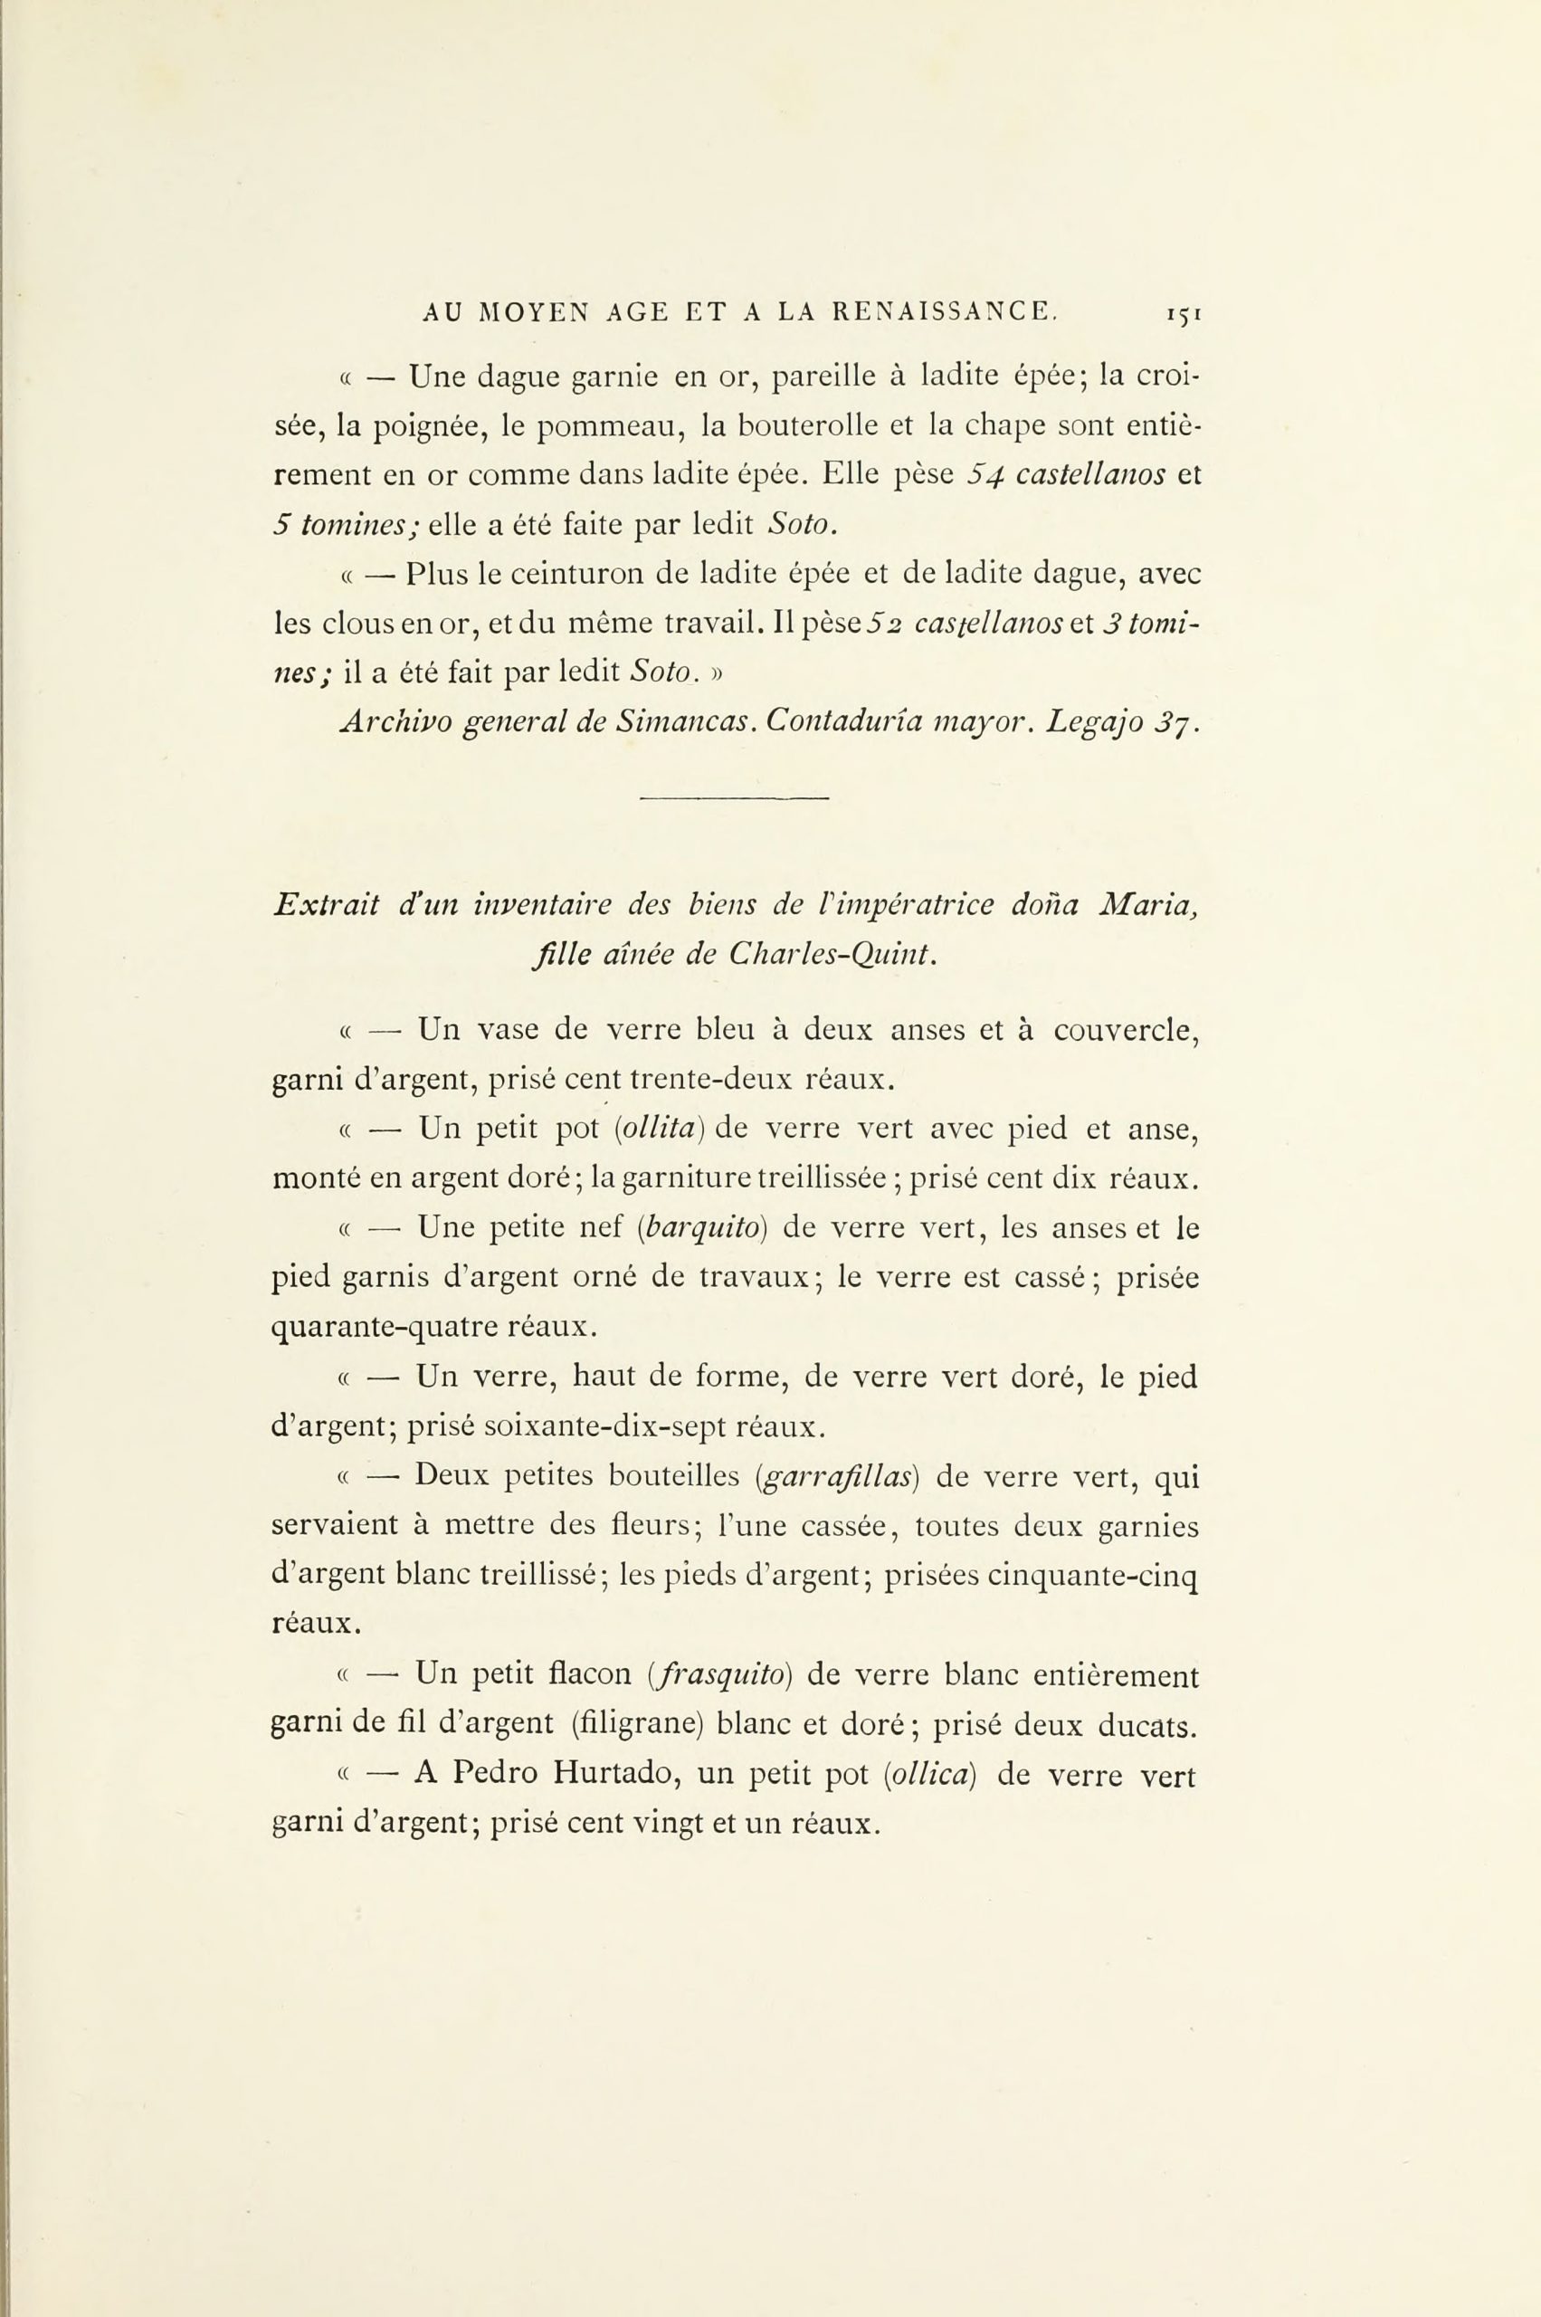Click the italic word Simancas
pos(686,722)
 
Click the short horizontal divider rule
pos(734,797)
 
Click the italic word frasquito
pos(727,1675)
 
